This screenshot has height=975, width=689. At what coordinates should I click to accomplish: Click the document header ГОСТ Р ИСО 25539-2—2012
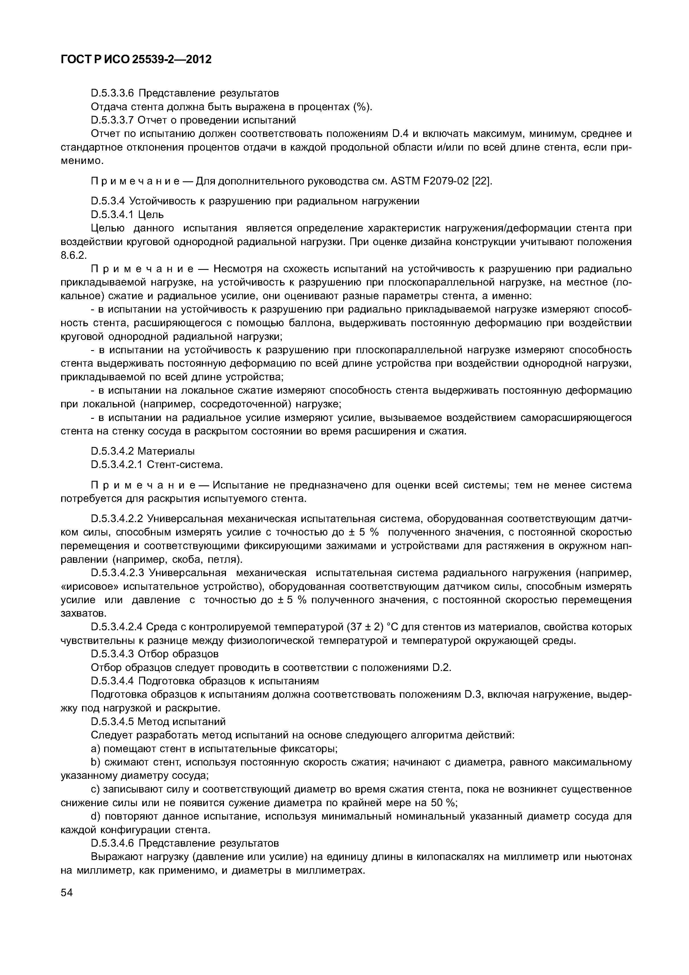tap(136, 60)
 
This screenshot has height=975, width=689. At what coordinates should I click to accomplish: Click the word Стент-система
tap(185, 465)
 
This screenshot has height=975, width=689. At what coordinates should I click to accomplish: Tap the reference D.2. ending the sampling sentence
tap(441, 668)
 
